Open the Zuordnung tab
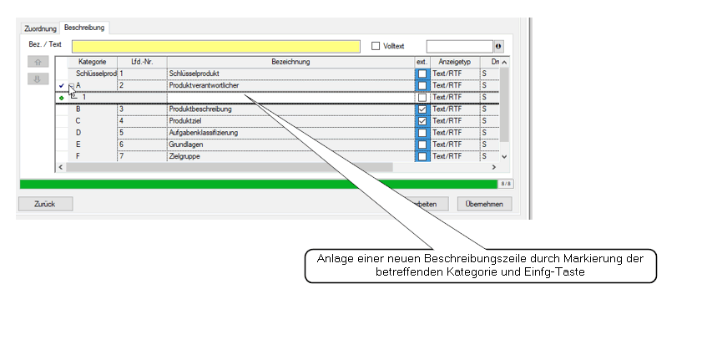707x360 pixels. (x=40, y=28)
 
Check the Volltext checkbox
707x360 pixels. (x=376, y=46)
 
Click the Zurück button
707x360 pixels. (x=45, y=204)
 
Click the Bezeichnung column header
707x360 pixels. (x=290, y=62)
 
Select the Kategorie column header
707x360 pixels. (x=92, y=62)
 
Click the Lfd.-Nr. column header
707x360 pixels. (x=142, y=62)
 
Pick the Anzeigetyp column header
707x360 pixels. (x=455, y=62)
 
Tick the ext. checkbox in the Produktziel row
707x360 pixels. (x=422, y=121)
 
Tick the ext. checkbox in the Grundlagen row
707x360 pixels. (x=422, y=145)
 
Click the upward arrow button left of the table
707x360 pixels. (x=38, y=62)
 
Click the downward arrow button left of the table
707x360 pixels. (x=38, y=79)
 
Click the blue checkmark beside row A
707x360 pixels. (x=62, y=86)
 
